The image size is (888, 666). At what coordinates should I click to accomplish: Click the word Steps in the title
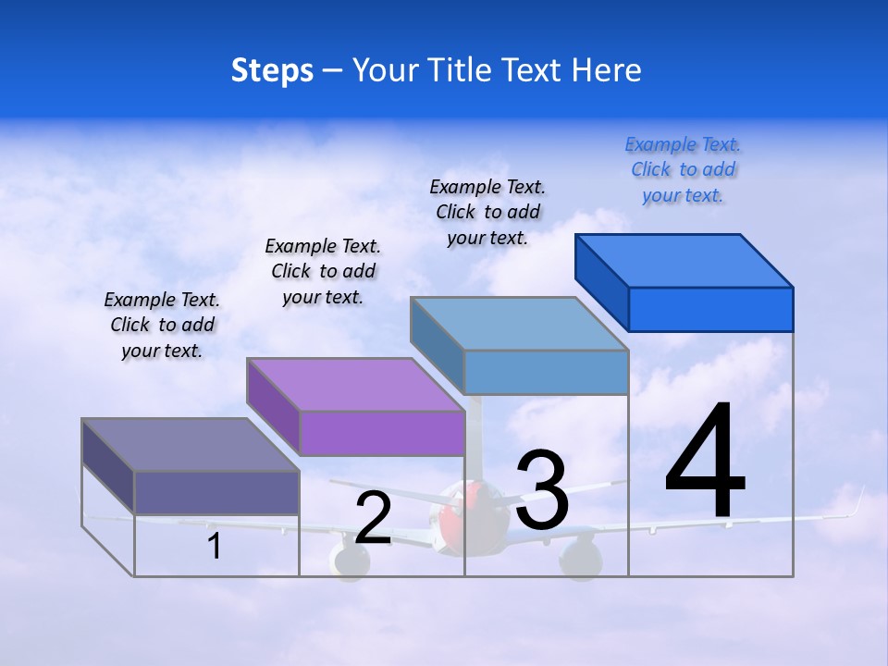[272, 70]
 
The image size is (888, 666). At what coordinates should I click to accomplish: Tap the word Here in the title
[606, 70]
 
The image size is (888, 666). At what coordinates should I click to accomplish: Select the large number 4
[705, 462]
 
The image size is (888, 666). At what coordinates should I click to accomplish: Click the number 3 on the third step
[542, 490]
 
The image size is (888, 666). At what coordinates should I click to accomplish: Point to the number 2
[373, 519]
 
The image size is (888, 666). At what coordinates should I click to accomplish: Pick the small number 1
[215, 547]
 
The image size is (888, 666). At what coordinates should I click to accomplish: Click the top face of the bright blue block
[684, 260]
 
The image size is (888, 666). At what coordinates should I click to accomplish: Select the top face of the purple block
[354, 384]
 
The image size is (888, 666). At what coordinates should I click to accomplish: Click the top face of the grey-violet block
[190, 445]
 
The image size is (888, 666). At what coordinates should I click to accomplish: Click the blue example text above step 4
[683, 170]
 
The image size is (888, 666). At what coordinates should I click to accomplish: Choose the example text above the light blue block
[487, 212]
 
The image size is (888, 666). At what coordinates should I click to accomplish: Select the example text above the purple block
[323, 271]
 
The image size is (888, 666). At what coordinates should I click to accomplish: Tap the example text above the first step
[162, 325]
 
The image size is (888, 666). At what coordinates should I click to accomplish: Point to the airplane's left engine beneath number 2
[349, 560]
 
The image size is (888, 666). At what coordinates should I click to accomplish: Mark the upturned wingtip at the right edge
[857, 504]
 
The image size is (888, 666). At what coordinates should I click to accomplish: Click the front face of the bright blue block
[710, 309]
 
